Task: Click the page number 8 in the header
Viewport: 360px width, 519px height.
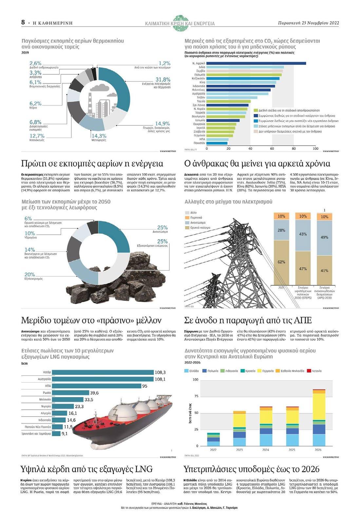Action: click(x=23, y=22)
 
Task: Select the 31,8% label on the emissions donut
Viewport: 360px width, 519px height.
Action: click(x=163, y=80)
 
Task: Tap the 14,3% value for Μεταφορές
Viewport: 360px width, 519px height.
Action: click(x=99, y=136)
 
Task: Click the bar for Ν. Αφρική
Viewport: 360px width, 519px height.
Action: click(x=256, y=63)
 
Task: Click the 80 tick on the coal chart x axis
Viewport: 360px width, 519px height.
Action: click(x=294, y=148)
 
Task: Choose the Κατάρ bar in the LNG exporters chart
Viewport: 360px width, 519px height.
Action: click(x=103, y=372)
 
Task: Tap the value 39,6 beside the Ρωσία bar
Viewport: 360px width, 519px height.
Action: click(x=94, y=393)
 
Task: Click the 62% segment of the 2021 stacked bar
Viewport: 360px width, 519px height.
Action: click(x=281, y=262)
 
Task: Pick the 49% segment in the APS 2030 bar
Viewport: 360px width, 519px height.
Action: click(x=324, y=237)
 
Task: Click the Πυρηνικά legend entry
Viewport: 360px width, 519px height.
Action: click(x=196, y=218)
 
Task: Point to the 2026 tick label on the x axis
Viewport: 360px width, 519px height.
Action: click(x=318, y=450)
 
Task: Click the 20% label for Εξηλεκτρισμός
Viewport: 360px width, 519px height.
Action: click(x=30, y=275)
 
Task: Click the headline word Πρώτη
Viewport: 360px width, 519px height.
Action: click(x=32, y=163)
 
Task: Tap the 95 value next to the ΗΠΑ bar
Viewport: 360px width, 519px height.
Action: click(x=144, y=386)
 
